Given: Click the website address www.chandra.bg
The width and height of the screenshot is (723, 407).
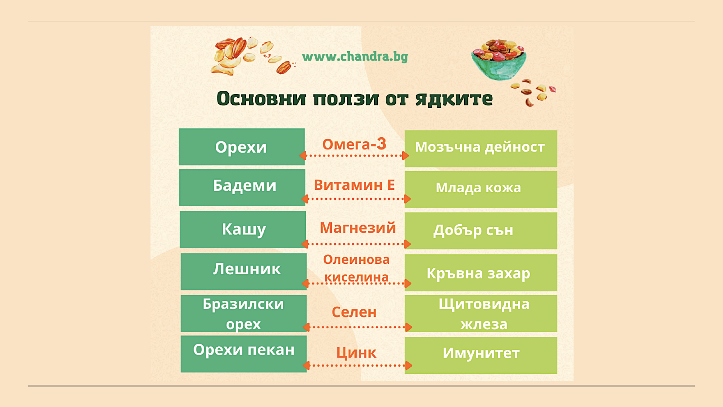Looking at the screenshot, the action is (355, 57).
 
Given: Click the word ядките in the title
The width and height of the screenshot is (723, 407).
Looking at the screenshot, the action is (454, 99).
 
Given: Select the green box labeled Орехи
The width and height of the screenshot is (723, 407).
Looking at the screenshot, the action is (242, 147).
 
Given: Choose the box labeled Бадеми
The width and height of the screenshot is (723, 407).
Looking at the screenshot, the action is (242, 188).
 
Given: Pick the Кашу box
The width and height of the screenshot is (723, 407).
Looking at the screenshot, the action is (243, 230).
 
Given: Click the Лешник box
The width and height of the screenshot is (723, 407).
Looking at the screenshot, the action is (244, 271).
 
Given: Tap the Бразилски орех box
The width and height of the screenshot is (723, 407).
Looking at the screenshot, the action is (244, 314).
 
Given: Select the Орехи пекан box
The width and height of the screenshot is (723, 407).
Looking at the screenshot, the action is (244, 354).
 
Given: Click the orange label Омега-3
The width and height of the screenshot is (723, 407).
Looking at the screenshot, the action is (354, 144).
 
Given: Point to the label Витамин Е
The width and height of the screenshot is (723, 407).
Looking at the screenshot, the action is (354, 185).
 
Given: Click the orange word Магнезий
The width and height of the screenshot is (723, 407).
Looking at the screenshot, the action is (358, 228).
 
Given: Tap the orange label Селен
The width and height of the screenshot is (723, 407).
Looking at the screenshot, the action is (354, 312).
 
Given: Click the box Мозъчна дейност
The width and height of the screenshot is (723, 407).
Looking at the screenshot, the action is (481, 149).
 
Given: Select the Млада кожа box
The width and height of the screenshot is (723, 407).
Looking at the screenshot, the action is (481, 190).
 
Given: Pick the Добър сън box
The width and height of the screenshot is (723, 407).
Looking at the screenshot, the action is (481, 231).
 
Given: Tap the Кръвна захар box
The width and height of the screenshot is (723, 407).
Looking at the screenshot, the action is (481, 273).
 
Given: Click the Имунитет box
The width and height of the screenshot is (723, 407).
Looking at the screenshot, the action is (481, 355).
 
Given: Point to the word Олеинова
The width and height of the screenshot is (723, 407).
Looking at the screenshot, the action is (356, 260).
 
